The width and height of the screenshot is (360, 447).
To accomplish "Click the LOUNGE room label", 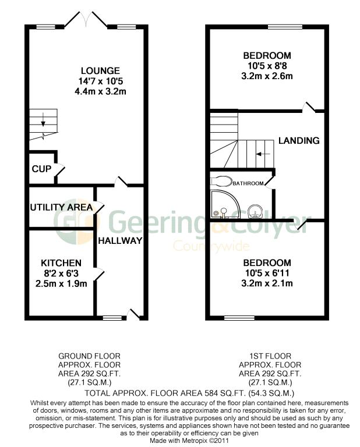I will (84, 71).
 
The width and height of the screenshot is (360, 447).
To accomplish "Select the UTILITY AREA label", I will (62, 207).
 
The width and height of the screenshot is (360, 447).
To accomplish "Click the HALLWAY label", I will (120, 240).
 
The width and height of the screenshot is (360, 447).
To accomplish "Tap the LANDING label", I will (299, 141).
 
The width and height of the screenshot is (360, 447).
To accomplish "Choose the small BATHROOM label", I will (248, 183).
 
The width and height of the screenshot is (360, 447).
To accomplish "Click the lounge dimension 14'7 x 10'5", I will (84, 81).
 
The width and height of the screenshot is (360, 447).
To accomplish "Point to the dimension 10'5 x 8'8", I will (267, 66).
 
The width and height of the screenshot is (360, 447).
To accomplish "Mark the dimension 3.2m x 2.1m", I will (267, 283).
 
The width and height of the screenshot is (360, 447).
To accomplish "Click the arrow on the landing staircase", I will (263, 154).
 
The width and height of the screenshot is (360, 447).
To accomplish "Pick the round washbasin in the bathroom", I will (254, 209).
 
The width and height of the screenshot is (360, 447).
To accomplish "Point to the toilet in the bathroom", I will (221, 179).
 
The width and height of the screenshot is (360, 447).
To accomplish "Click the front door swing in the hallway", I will (135, 314).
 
